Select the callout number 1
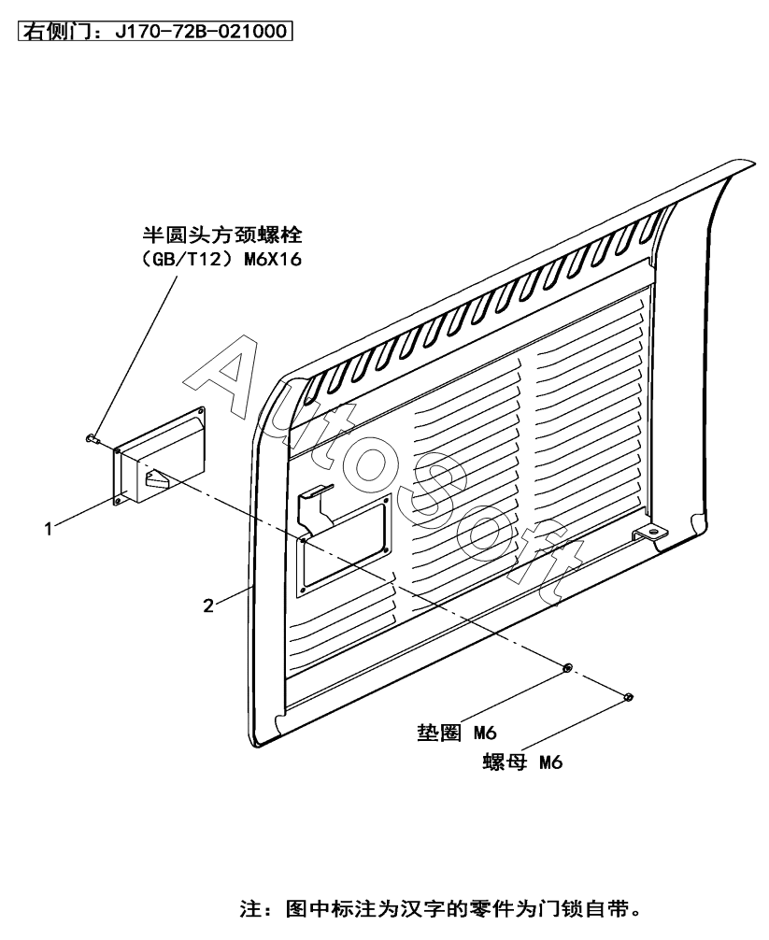point(47,529)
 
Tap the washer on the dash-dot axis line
point(566,668)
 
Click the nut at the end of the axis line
point(628,696)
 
